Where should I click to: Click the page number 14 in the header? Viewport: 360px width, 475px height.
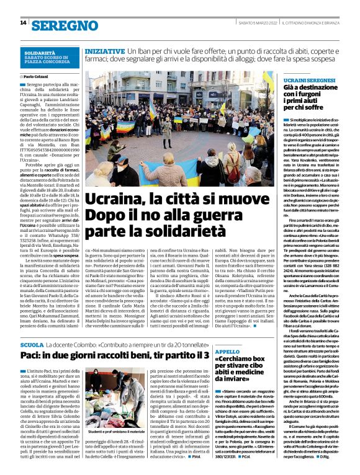click(x=23, y=23)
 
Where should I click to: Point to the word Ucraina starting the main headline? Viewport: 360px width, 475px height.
click(x=112, y=200)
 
